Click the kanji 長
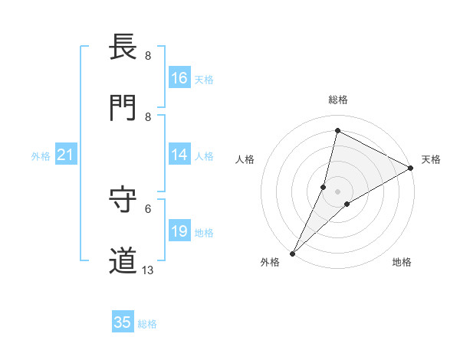[x=123, y=47]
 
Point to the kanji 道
[x=123, y=261]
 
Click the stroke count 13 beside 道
[x=148, y=270]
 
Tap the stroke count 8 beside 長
[x=147, y=55]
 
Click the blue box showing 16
[x=179, y=78]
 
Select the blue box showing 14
[x=179, y=155]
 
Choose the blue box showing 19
[x=179, y=231]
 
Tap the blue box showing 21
[x=66, y=155]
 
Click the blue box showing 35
[x=123, y=322]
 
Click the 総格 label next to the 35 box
[x=147, y=324]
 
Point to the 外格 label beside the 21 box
[x=41, y=155]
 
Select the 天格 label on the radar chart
[x=431, y=159]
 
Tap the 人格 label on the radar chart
[x=245, y=159]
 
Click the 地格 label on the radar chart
[x=402, y=262]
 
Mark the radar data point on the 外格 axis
[x=292, y=254]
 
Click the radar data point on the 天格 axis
[x=411, y=168]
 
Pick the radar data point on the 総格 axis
[x=337, y=130]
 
